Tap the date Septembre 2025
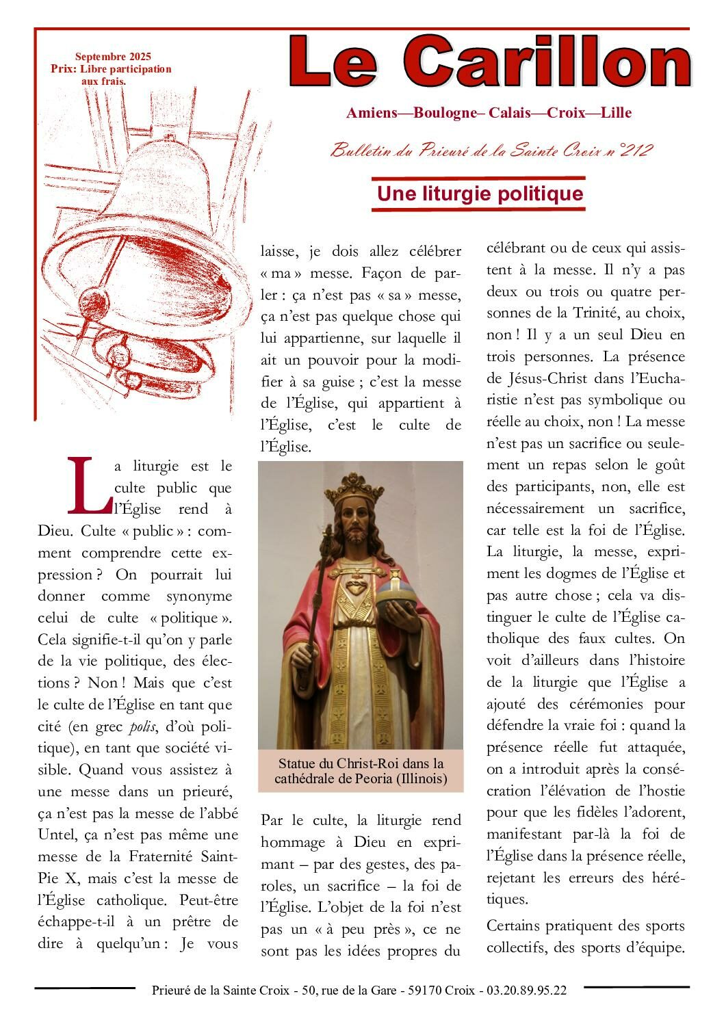[x=113, y=57]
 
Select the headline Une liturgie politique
[x=480, y=194]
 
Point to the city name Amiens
[x=372, y=113]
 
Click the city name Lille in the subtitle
[x=616, y=113]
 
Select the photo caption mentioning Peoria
[x=361, y=770]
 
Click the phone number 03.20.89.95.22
[x=526, y=990]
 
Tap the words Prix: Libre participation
[x=111, y=69]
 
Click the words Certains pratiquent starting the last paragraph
[x=554, y=926]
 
